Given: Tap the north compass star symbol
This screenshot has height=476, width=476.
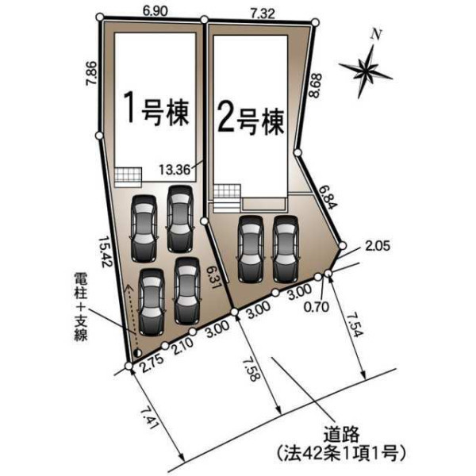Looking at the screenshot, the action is pos(366,70).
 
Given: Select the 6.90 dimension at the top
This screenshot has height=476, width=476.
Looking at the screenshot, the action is pos(155,12).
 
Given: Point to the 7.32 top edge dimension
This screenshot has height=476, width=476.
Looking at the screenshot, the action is pos(263,13).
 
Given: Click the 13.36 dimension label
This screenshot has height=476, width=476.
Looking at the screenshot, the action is pos(175,170).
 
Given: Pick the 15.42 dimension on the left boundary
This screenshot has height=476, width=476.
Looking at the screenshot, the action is pos(106,252).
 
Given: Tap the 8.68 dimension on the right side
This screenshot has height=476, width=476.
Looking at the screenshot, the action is pos(314,86).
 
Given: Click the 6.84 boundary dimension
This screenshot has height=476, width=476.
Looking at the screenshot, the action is pos(328,198).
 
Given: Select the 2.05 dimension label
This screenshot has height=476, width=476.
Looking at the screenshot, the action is pos(378,246).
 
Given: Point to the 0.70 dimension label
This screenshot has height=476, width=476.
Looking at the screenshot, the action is pos(317,307).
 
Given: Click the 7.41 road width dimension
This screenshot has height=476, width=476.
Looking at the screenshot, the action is pos(150,418).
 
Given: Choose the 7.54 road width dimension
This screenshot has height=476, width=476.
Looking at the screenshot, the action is pos(355,324).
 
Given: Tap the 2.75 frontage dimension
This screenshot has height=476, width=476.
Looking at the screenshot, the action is pos(153,363).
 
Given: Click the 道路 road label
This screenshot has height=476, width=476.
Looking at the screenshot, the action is pos(341,435).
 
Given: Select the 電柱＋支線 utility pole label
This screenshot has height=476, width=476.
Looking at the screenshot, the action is pos(81,306).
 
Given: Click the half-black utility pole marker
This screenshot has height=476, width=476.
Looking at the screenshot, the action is pos(137,353).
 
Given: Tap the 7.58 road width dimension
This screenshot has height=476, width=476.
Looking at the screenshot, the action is pos(251,368).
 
